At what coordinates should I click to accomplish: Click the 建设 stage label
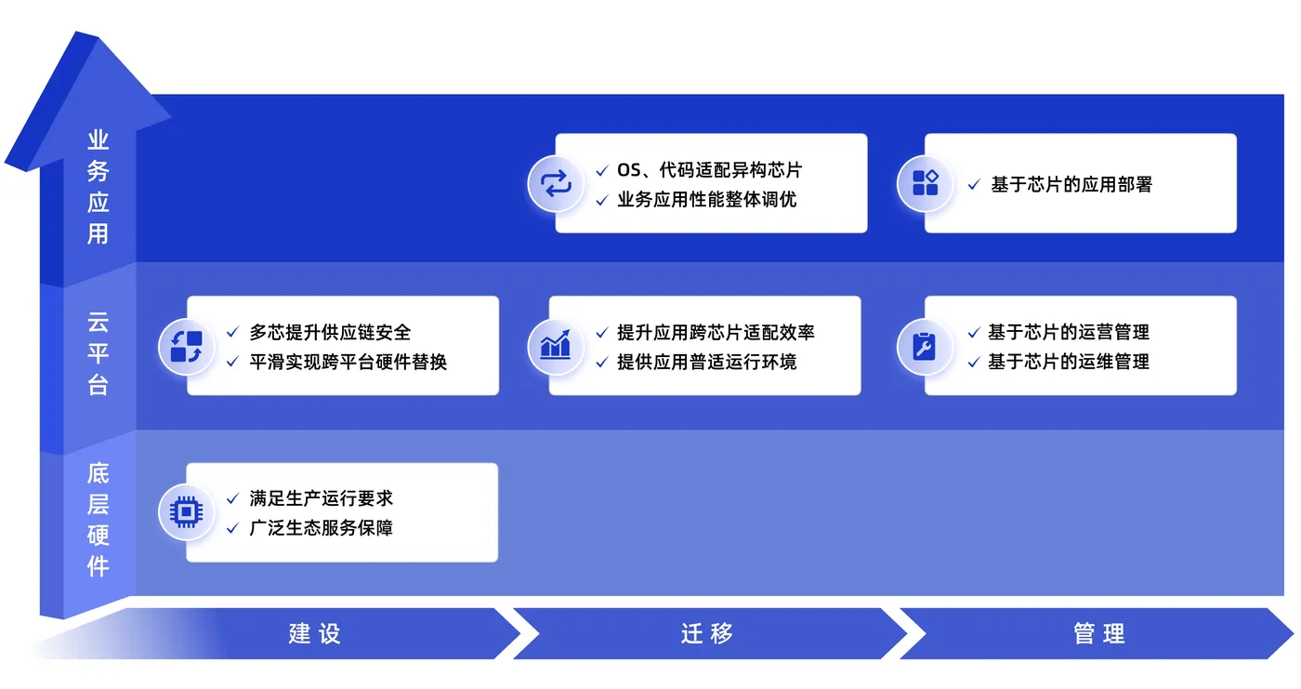pos(315,634)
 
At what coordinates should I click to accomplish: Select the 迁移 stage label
pos(707,634)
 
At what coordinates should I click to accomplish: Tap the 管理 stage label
pos(1099,634)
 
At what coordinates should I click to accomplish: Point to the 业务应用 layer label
pos(99,187)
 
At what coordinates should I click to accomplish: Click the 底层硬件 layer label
pos(99,520)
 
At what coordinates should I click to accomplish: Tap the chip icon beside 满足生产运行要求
pos(186,511)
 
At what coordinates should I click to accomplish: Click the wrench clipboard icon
pos(925,347)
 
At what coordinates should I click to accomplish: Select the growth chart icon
pos(556,347)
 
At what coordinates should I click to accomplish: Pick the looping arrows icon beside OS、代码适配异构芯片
pos(556,183)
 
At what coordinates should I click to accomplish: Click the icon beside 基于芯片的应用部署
pos(925,183)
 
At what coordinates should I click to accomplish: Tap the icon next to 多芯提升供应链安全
pos(186,347)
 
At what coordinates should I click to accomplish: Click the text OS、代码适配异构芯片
pos(709,170)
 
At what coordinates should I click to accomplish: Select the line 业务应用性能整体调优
pos(706,200)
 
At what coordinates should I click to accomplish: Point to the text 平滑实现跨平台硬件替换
pos(348,362)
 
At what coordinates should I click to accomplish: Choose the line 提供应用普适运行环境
pos(706,362)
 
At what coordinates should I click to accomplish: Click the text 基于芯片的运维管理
pos(1069,362)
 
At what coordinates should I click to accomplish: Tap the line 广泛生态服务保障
pos(321,528)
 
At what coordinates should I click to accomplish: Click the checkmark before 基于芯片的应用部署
pos(974,185)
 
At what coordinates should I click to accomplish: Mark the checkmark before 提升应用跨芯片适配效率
pos(602,333)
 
